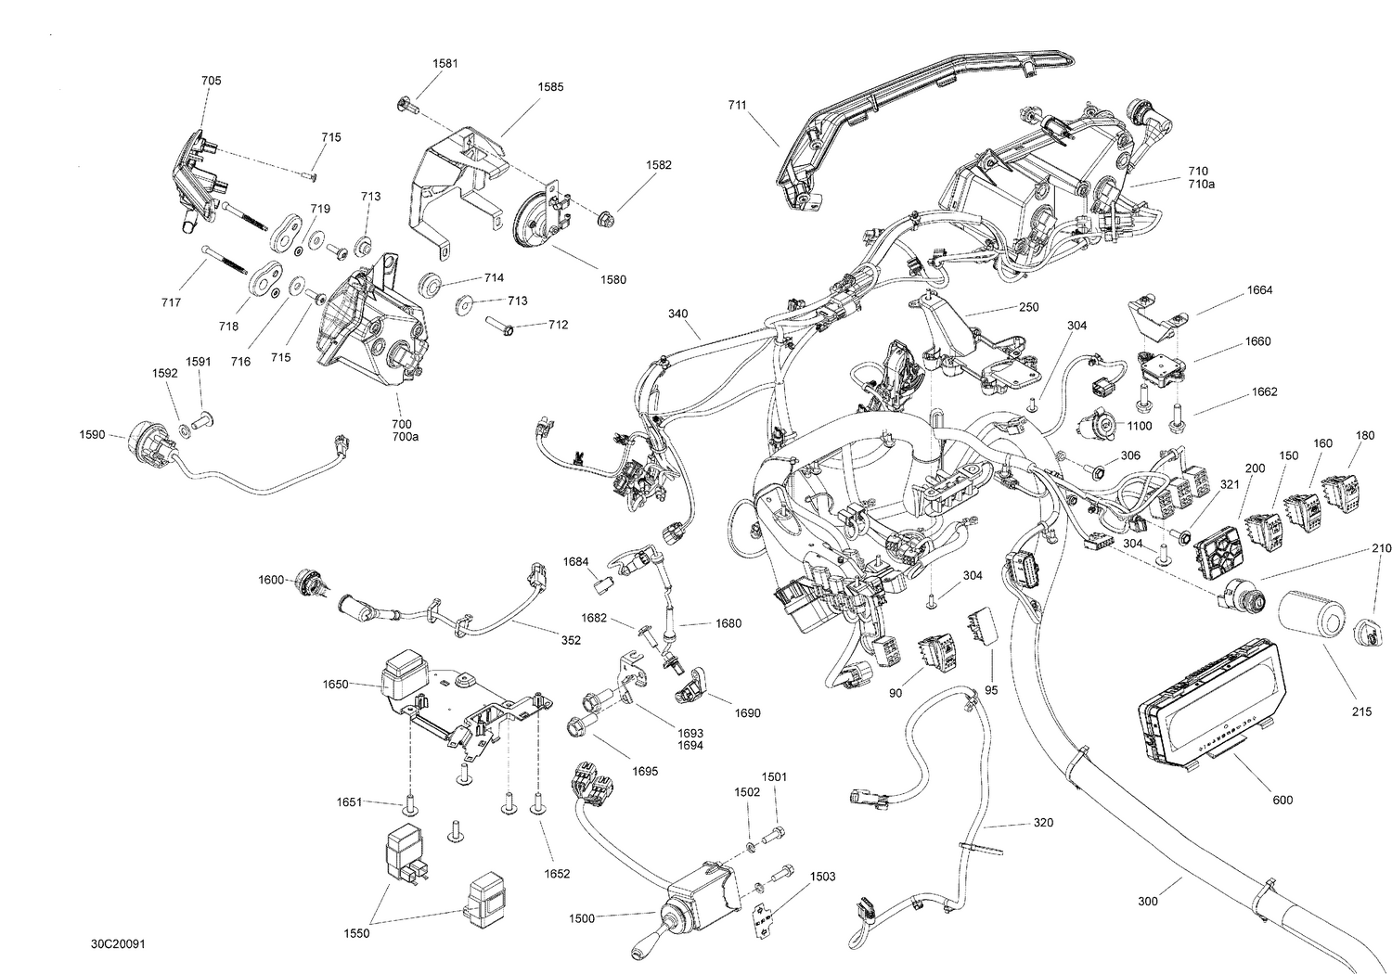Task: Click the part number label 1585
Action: (x=550, y=87)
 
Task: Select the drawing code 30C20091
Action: (x=117, y=944)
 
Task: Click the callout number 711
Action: (x=737, y=106)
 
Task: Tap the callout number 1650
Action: (x=335, y=685)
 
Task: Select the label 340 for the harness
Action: (x=678, y=314)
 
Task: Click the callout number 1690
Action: (x=747, y=713)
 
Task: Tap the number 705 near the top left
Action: (x=212, y=81)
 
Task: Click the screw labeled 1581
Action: (x=406, y=105)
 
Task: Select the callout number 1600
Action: (x=271, y=581)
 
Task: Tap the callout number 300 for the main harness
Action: (x=1148, y=901)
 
